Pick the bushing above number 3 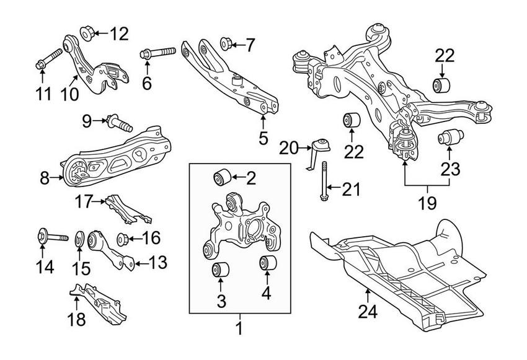pos(220,270)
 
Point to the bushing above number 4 pos(267,263)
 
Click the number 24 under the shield pos(368,310)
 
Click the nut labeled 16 pos(122,237)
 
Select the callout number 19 pos(428,202)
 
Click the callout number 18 pos(76,319)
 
